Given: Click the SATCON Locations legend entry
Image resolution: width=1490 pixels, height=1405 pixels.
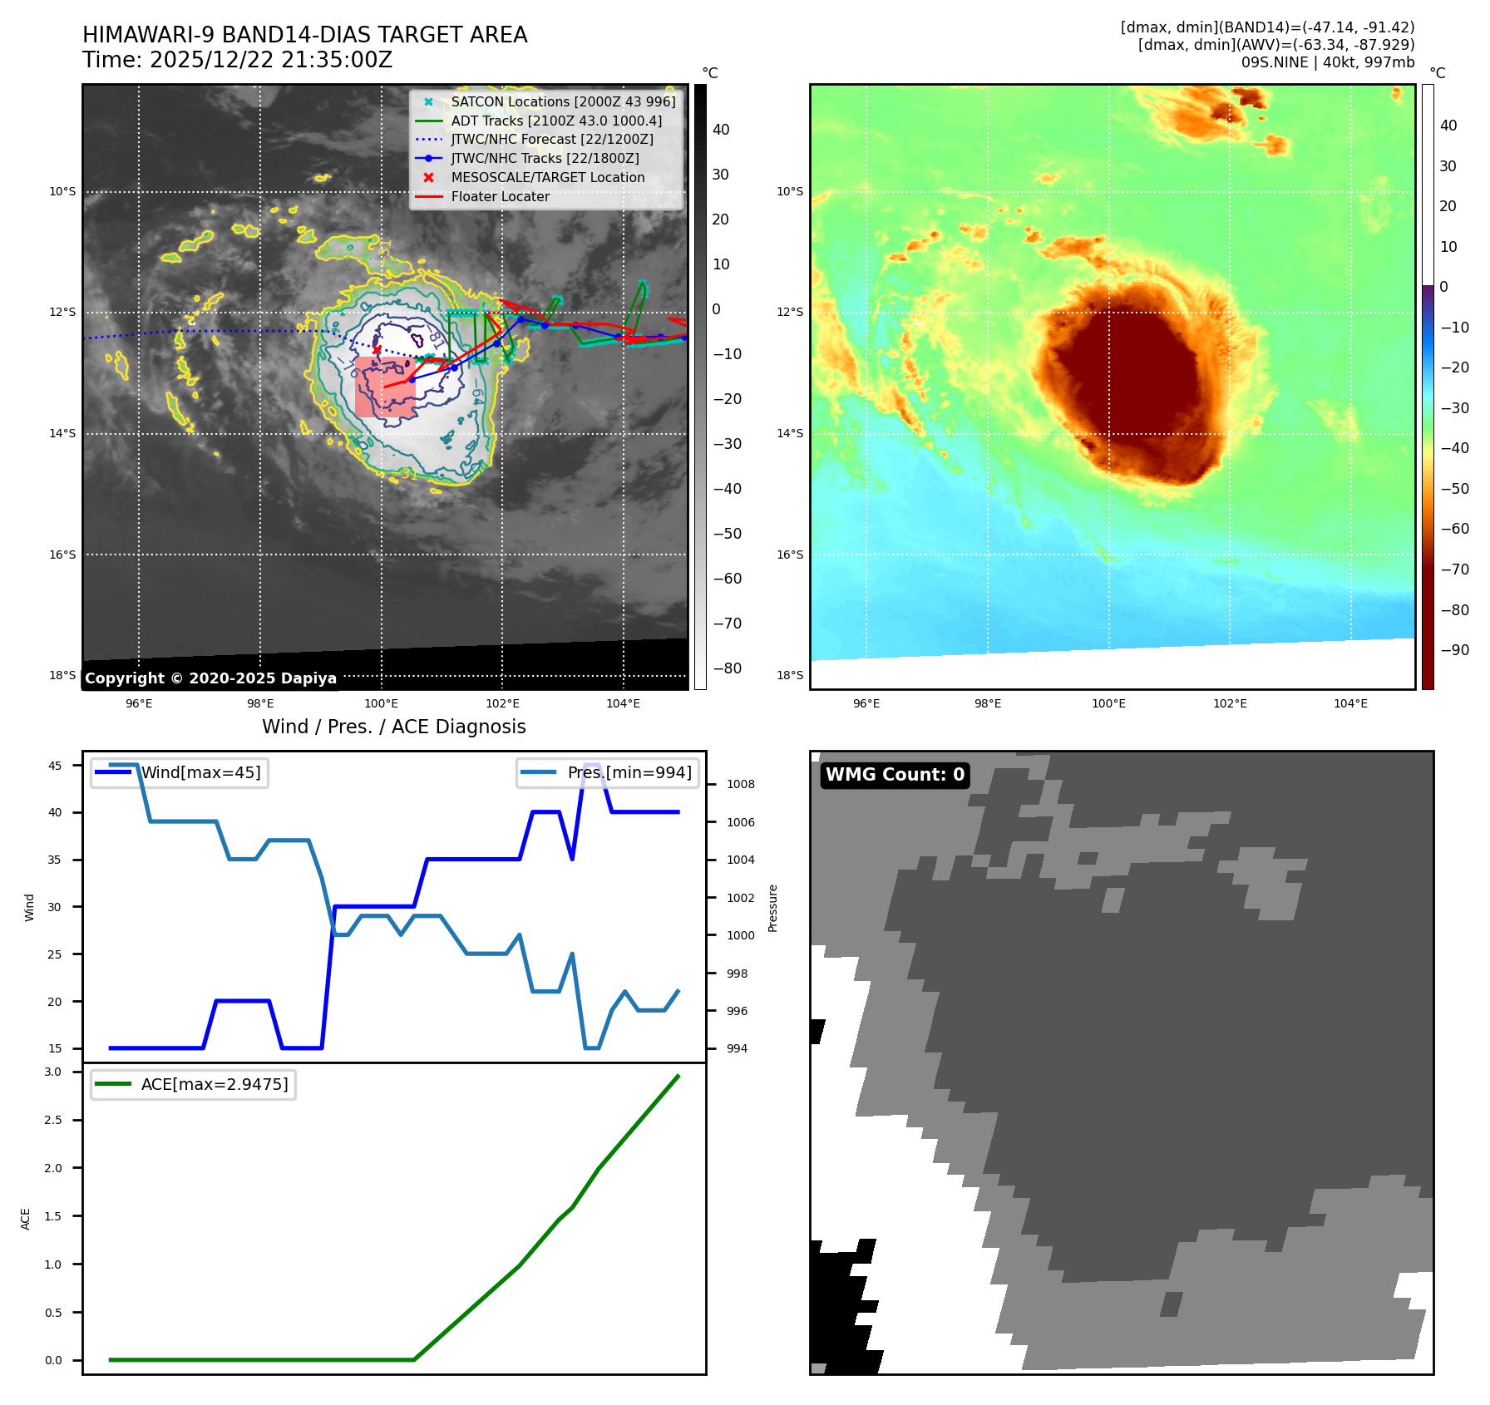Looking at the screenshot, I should (563, 101).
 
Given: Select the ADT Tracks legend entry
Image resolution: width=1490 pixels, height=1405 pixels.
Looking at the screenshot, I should (556, 121).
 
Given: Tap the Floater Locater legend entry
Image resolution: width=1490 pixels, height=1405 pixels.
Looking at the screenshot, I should (500, 196).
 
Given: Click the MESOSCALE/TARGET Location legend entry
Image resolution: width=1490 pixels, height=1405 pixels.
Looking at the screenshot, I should (547, 177).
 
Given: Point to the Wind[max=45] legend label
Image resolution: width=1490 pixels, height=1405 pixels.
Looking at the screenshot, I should (200, 772).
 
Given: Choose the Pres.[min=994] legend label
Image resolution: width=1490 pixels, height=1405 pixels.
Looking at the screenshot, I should (629, 772).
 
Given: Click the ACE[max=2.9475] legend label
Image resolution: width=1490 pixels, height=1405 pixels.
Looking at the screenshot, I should (215, 1084).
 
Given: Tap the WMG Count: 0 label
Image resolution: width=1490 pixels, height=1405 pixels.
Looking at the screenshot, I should (895, 775).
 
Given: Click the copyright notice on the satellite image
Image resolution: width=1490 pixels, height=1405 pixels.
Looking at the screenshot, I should (210, 678).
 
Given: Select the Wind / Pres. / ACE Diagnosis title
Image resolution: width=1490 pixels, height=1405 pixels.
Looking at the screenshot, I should (393, 727).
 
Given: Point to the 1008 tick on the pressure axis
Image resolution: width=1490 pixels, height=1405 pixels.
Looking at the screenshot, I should (740, 784).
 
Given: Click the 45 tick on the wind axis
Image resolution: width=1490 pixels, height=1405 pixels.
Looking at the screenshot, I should (55, 766).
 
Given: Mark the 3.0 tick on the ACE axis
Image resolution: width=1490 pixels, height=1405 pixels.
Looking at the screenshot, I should (53, 1072).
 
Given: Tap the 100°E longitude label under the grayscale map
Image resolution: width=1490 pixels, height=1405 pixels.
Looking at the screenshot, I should (381, 703).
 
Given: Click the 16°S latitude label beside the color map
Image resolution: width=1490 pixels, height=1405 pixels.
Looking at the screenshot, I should (789, 555).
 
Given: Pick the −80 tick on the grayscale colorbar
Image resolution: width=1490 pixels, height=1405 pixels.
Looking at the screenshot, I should (727, 668).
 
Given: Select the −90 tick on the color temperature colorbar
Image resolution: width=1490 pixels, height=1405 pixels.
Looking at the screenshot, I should (1454, 650).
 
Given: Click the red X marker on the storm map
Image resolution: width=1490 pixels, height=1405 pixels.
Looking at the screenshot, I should (377, 349).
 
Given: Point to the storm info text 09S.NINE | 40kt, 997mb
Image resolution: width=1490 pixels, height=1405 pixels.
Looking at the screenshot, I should (1327, 62).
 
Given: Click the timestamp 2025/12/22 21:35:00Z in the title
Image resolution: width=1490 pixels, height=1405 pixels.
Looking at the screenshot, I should (270, 60).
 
